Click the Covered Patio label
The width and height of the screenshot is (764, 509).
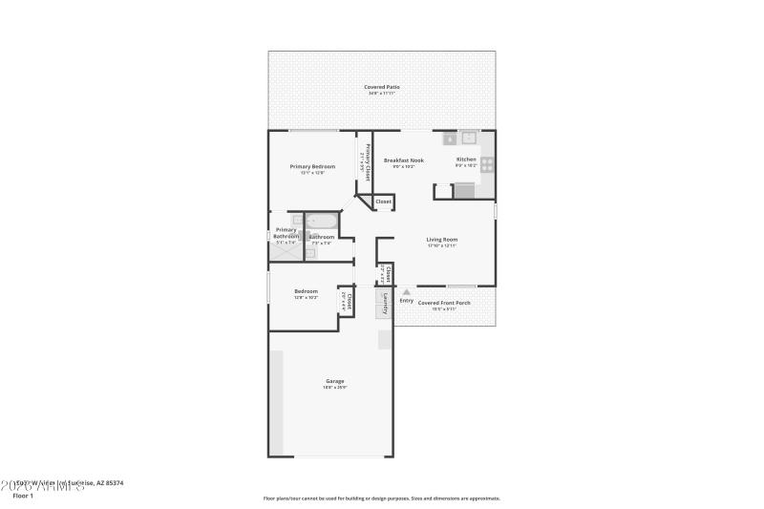(381, 87)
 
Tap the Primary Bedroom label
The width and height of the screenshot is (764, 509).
(312, 166)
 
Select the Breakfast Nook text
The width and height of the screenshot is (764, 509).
(404, 160)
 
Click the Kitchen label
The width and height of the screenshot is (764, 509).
(466, 159)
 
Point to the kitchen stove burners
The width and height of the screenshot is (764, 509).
(487, 164)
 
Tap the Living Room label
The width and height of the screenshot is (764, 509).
(441, 240)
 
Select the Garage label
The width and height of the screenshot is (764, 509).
(334, 381)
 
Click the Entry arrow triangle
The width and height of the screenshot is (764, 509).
(406, 292)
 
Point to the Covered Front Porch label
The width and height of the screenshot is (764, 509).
(444, 303)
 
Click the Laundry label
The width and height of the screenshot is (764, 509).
(384, 304)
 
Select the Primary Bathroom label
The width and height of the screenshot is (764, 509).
(286, 233)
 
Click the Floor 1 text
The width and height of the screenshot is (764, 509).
(23, 496)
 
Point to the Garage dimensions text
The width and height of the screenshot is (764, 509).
(334, 387)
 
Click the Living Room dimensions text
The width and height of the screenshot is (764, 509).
(441, 245)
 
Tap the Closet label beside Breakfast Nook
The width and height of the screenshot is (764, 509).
(383, 201)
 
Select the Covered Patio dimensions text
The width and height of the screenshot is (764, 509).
(381, 93)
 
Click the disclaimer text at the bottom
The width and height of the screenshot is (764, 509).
(381, 498)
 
